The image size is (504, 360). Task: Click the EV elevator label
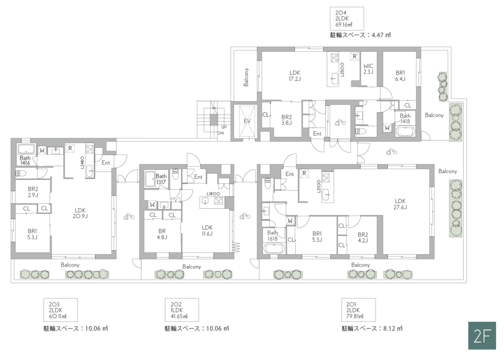(247, 121)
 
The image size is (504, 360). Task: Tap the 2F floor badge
(482, 335)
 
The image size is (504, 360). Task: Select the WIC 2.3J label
(368, 69)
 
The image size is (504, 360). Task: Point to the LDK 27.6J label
(400, 204)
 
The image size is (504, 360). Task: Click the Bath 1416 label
(25, 160)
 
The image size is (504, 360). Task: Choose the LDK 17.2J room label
(295, 76)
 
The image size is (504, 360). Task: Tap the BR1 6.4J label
(400, 76)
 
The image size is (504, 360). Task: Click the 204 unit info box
(347, 19)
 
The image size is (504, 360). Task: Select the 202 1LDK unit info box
(182, 310)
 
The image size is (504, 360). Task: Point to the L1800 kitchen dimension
(213, 194)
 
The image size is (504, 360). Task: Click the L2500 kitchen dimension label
(343, 69)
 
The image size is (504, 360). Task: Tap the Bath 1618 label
(273, 235)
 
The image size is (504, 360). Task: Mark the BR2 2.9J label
(33, 192)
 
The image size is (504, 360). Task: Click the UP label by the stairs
(224, 127)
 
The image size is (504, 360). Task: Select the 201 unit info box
(358, 310)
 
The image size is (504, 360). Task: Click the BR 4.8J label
(162, 234)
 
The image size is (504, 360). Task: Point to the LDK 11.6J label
(207, 230)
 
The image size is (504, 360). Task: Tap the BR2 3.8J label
(286, 120)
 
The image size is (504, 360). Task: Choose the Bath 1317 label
(161, 179)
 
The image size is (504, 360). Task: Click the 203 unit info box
(61, 310)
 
